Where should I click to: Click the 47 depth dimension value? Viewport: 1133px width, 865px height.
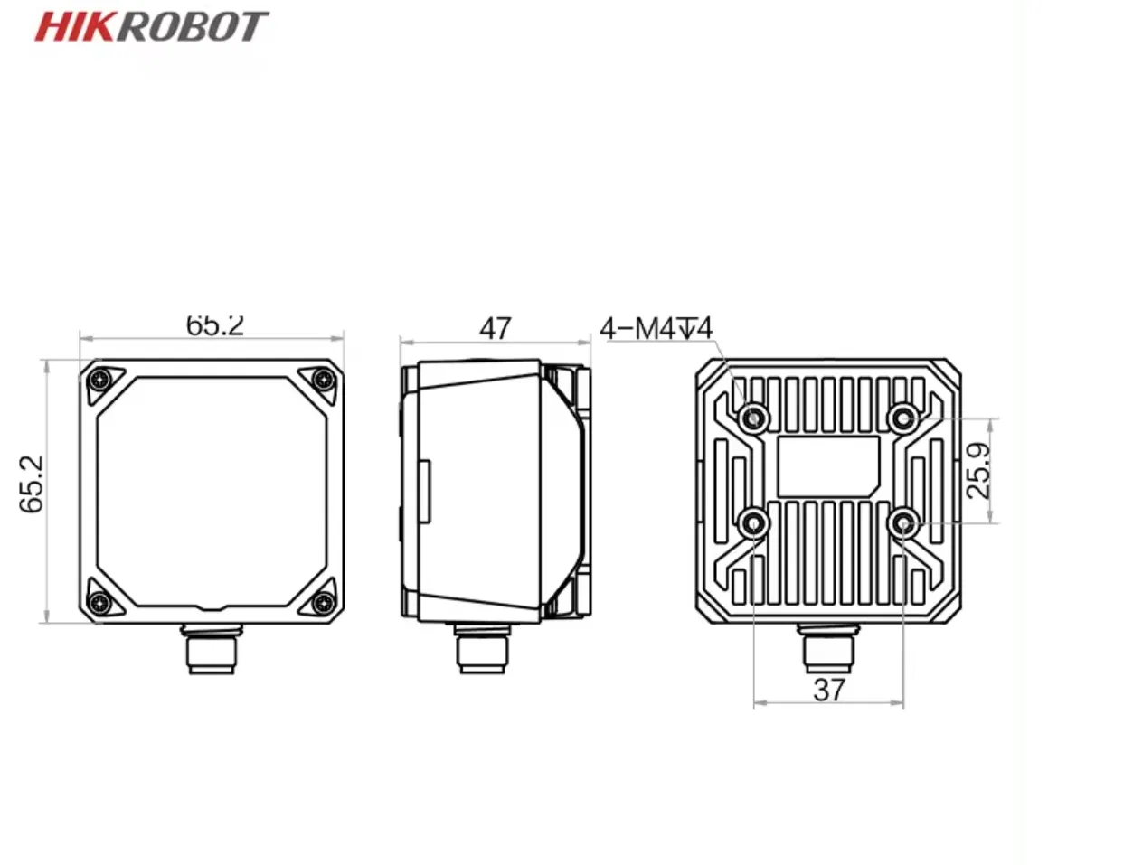495,327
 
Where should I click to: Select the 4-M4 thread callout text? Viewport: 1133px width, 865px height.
656,327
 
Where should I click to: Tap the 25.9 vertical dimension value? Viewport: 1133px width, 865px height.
979,471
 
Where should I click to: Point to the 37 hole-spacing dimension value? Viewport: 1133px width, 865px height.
828,690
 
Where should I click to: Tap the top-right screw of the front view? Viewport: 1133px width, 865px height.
323,379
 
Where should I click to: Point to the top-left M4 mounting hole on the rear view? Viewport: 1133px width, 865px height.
754,418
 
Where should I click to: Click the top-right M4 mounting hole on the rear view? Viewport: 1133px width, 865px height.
902,418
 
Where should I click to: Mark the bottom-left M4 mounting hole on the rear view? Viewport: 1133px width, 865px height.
754,522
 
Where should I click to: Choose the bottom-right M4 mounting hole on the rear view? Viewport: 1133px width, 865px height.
902,522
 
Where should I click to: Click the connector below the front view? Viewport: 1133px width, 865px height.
210,649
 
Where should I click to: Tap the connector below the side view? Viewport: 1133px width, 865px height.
482,649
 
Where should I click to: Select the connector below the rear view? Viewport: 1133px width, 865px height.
821,649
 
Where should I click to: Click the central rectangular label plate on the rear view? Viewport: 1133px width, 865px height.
827,466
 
